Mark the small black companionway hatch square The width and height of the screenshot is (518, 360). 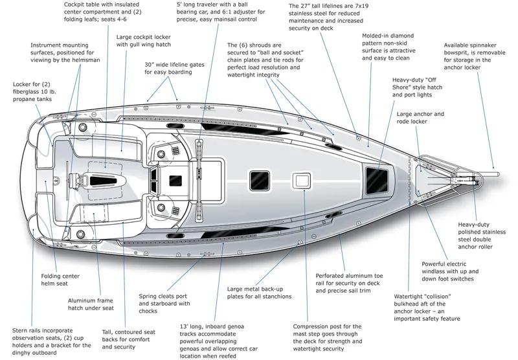[x=174, y=179]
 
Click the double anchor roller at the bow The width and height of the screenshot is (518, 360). [x=471, y=177]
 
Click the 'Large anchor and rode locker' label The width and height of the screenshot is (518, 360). [x=420, y=118]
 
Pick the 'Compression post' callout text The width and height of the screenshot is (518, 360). [x=327, y=333]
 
